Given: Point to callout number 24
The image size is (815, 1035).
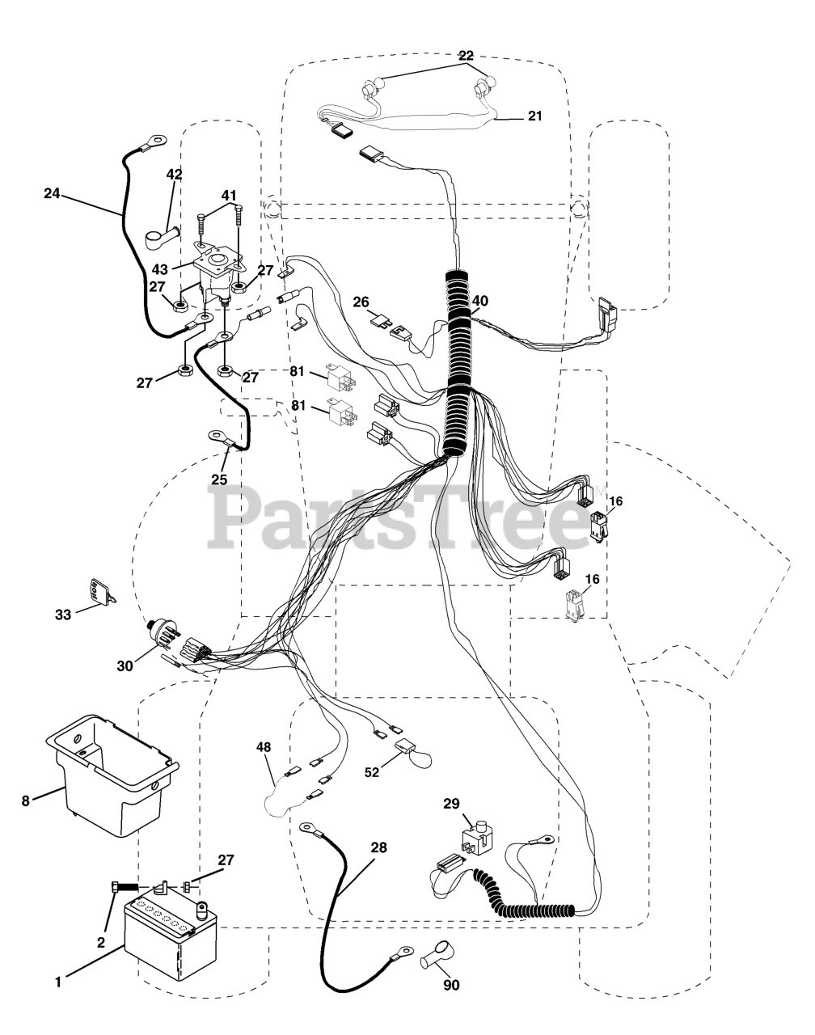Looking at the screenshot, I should pyautogui.click(x=53, y=193).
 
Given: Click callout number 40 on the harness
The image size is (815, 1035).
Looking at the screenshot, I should pyautogui.click(x=480, y=301).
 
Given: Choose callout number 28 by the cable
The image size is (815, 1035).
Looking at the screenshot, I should pyautogui.click(x=378, y=848).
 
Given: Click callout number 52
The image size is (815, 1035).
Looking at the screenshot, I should pyautogui.click(x=372, y=773).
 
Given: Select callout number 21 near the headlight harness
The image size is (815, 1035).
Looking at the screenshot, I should pyautogui.click(x=534, y=116).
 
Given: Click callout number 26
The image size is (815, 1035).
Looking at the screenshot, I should pyautogui.click(x=361, y=302).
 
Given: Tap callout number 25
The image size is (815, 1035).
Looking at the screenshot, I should pyautogui.click(x=219, y=479).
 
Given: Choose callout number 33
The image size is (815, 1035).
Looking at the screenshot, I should pyautogui.click(x=63, y=615).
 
